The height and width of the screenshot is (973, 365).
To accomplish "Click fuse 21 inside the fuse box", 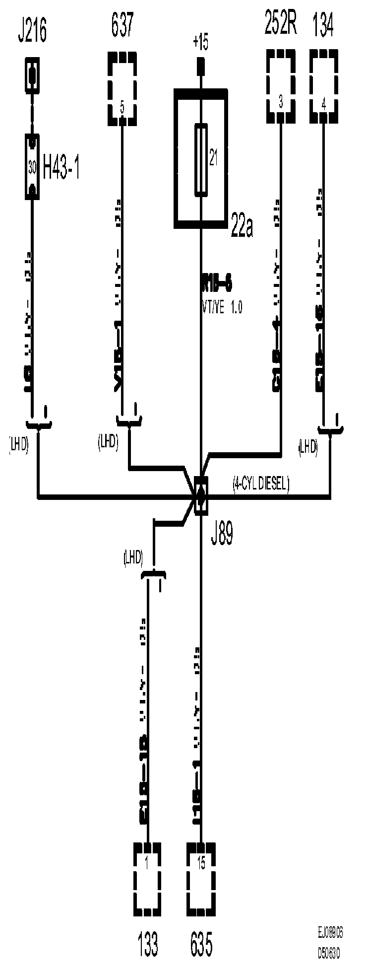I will [200, 158].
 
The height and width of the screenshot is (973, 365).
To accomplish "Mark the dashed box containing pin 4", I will [324, 86].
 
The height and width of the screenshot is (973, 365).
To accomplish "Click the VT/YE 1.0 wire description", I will [221, 308].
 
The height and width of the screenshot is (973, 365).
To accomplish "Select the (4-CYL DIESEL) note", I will [261, 485].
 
